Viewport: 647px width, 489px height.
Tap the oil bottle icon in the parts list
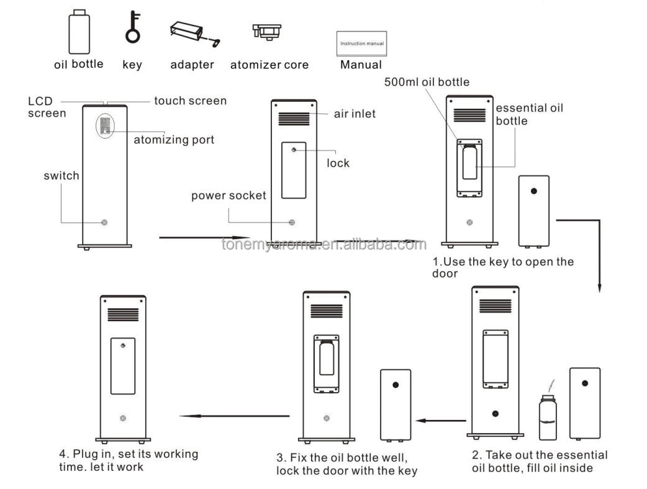click(x=79, y=32)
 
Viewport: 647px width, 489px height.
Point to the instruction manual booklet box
click(x=361, y=44)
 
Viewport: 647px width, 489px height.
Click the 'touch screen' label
click(x=190, y=101)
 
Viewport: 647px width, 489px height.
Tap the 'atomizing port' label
click(x=174, y=140)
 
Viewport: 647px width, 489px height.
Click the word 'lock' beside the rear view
click(x=338, y=163)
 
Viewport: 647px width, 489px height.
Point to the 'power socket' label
click(x=228, y=196)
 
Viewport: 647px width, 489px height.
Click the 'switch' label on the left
click(x=61, y=176)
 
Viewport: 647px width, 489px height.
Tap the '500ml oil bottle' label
click(x=427, y=82)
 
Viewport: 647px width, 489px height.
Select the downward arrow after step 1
click(x=599, y=255)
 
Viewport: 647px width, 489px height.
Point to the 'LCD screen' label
click(x=47, y=107)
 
